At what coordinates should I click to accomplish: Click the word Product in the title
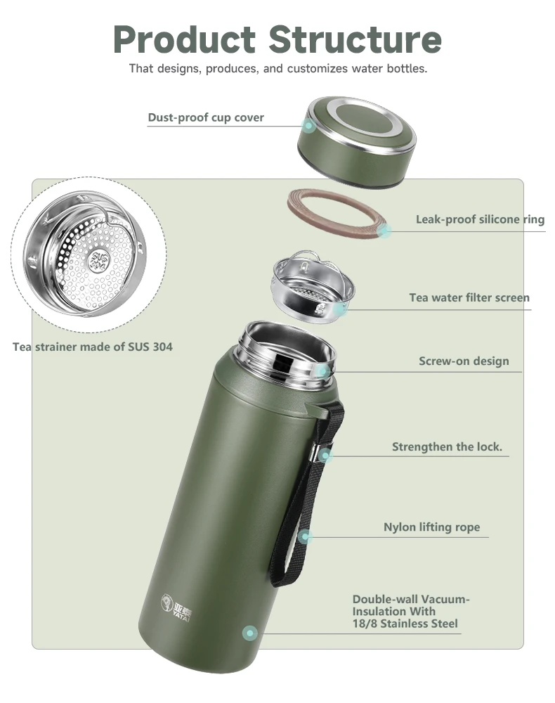184,39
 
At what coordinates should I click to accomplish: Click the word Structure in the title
355,39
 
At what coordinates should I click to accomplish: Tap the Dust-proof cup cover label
206,117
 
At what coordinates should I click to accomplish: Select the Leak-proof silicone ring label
481,219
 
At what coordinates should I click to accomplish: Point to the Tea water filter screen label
469,297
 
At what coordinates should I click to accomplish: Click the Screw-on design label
464,361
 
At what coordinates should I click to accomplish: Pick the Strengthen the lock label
447,446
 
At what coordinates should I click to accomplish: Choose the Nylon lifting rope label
431,527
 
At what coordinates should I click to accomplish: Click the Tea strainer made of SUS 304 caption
92,347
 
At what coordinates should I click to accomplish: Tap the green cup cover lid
357,141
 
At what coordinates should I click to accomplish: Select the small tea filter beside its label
313,287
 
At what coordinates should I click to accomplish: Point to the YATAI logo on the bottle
176,608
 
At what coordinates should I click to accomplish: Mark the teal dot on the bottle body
250,633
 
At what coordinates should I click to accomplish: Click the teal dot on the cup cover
308,126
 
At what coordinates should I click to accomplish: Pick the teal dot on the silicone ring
384,231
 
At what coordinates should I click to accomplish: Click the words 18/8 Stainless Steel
405,624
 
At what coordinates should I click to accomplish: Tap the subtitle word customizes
317,69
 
